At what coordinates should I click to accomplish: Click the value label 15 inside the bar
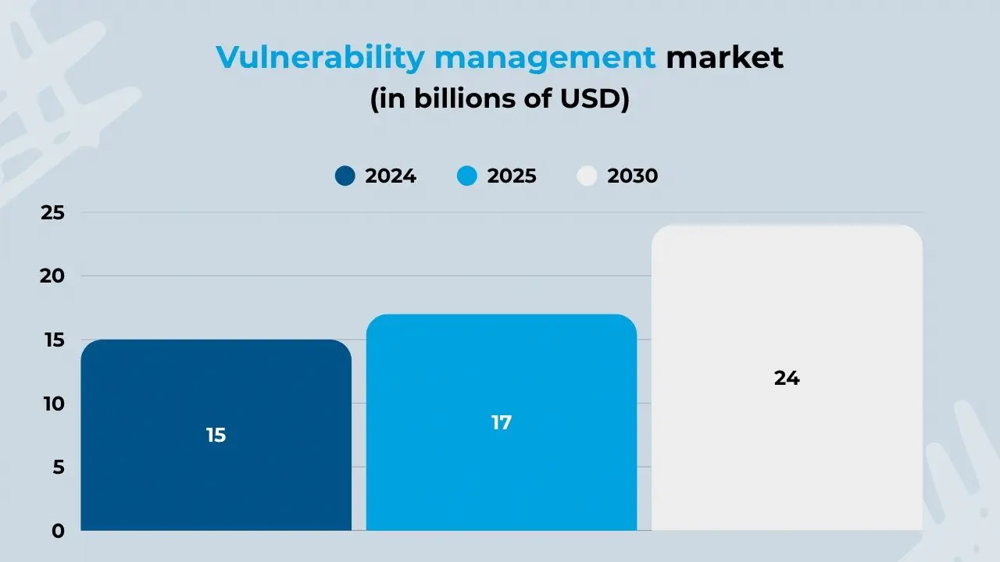point(216,436)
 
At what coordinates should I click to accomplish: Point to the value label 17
point(501,423)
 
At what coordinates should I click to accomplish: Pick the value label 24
point(787,379)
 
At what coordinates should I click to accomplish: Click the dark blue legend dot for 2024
point(345,176)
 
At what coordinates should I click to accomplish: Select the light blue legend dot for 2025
point(466,176)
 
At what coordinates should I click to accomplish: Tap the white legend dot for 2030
point(587,176)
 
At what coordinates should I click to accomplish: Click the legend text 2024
point(391,176)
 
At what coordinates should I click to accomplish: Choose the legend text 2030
point(633,176)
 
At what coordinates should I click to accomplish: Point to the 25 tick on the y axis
point(52,213)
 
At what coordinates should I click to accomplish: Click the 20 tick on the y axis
point(52,276)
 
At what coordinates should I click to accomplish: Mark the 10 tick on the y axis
point(52,404)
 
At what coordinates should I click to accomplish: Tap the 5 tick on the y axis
point(56,468)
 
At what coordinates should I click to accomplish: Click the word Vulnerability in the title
point(320,58)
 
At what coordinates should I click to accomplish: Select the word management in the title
point(545,58)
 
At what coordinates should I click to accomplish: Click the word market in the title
point(724,58)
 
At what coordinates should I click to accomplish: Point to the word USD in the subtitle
point(599,101)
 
